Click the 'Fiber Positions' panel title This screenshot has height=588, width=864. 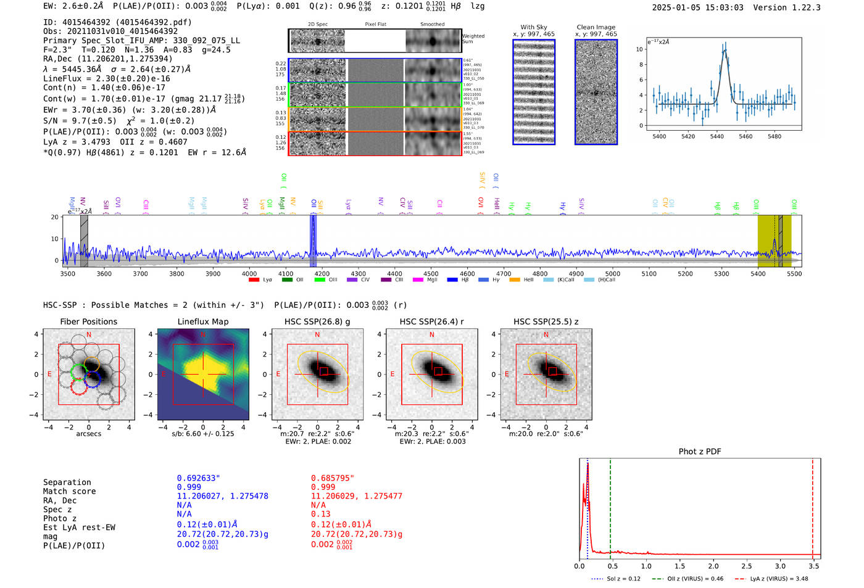pos(88,321)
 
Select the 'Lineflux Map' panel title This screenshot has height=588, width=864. pos(203,321)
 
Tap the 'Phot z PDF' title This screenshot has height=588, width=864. pos(700,452)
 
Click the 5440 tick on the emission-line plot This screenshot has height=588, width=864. pos(717,136)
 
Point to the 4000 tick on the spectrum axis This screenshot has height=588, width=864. pos(249,273)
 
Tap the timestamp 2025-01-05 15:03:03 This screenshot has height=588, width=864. pos(697,7)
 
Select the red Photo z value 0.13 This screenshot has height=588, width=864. pos(320,514)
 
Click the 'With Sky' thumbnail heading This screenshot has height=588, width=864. pos(534,27)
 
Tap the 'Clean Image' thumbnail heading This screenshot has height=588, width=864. pos(596,27)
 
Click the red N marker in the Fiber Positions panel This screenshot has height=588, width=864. pos(89,335)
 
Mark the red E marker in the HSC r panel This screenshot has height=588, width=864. pos(392,375)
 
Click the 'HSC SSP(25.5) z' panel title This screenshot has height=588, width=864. pos(546,321)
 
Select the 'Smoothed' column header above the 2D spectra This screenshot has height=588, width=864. pos(432,25)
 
